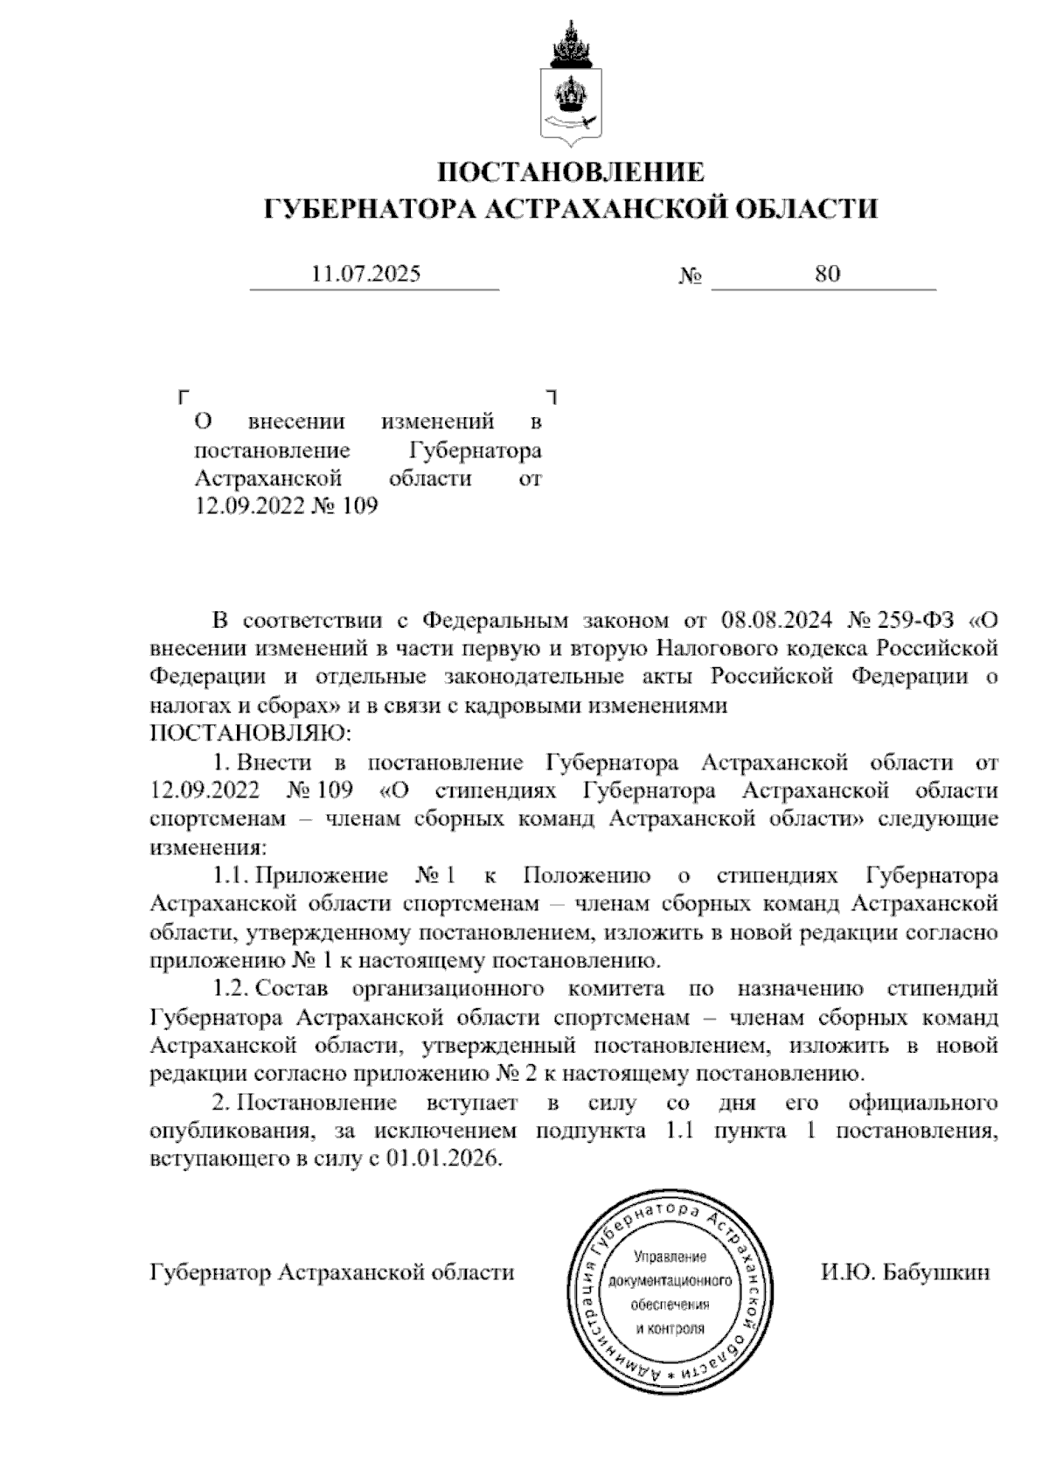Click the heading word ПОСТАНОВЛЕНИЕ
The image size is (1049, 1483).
click(x=570, y=171)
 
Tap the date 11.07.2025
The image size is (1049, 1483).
click(x=366, y=275)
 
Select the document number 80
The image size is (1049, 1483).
click(x=827, y=275)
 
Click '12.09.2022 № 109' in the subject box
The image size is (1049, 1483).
click(x=286, y=506)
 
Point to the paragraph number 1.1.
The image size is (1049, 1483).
click(x=232, y=875)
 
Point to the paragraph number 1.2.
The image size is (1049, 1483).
click(x=232, y=989)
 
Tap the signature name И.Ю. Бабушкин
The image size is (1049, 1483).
click(x=905, y=1272)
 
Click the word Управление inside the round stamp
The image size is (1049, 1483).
click(x=670, y=1257)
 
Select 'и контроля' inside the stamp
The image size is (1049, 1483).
click(x=670, y=1327)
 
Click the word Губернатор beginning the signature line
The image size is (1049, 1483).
click(x=210, y=1272)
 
